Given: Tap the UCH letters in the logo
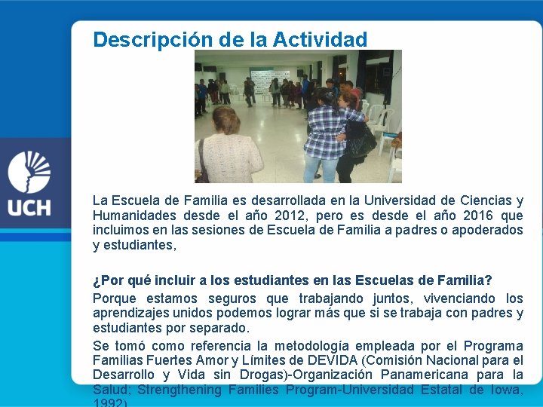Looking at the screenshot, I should (x=30, y=206).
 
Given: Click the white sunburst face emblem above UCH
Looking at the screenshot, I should (x=29, y=171).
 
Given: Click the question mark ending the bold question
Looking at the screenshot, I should (x=489, y=281).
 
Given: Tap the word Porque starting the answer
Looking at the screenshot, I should (x=115, y=298).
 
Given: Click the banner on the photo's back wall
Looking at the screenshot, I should (x=269, y=79).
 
